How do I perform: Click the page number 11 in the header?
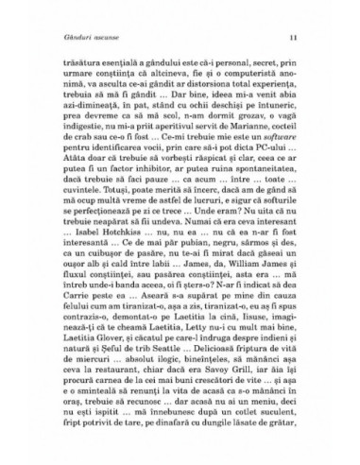tap(296, 37)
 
